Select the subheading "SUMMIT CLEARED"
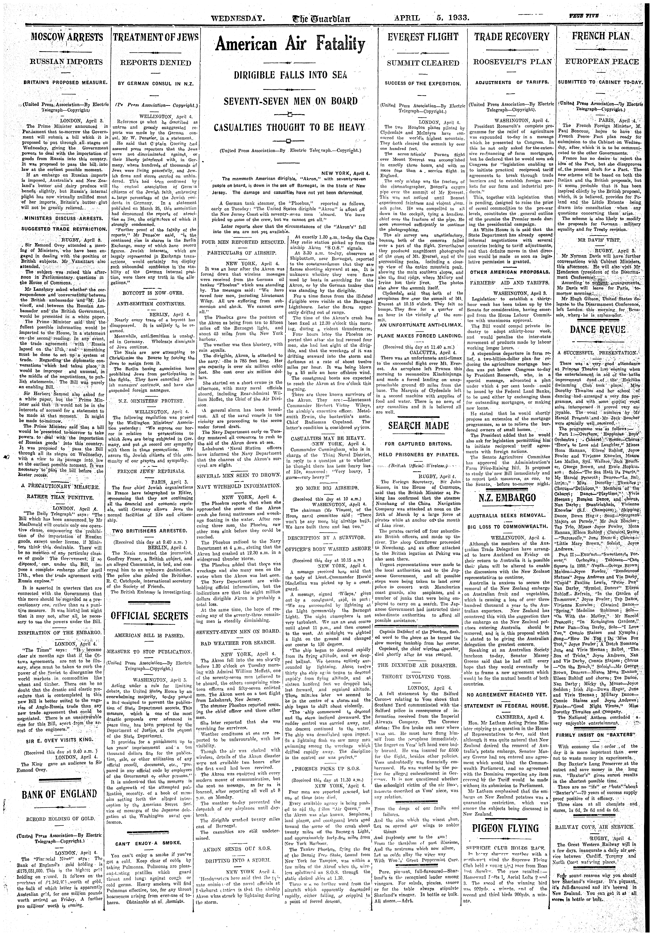423,63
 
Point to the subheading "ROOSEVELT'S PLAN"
512,62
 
